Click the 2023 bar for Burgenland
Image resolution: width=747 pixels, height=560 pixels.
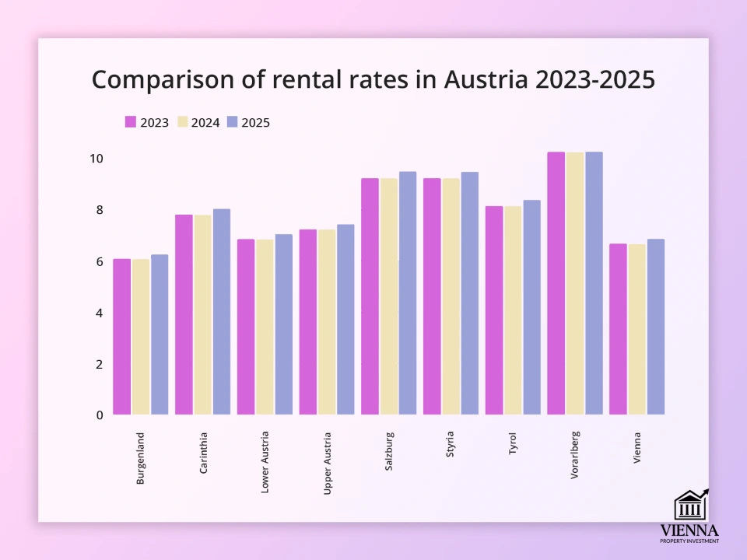122,337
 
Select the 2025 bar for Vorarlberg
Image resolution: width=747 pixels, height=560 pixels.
594,283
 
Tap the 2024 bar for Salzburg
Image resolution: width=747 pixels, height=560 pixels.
389,296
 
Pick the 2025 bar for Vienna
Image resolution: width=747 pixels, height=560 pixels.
656,327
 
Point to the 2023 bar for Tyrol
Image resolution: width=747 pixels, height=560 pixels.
494,310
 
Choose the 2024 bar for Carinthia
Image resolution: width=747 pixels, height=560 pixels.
203,315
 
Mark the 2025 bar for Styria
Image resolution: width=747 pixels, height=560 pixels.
469,293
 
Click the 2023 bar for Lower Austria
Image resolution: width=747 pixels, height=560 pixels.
246,327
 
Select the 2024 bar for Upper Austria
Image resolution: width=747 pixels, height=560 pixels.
327,322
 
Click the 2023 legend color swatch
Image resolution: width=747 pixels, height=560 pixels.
131,122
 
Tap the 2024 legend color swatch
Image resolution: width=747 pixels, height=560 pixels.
183,122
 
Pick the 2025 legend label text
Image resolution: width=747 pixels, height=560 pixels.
255,122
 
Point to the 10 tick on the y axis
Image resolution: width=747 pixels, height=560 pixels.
96,159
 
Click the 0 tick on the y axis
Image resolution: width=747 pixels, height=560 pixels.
100,415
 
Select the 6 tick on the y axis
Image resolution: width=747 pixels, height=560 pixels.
100,261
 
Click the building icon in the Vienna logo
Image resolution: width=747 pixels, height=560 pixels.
690,506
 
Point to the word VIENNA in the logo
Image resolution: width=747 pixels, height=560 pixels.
689,530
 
